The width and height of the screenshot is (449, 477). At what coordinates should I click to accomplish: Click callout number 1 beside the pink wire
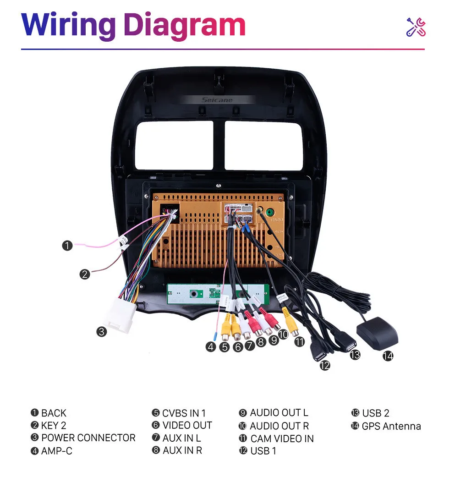pyautogui.click(x=67, y=246)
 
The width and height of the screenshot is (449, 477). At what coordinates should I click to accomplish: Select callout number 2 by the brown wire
pyautogui.click(x=84, y=274)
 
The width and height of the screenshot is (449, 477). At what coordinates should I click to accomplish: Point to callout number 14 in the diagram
pyautogui.click(x=388, y=356)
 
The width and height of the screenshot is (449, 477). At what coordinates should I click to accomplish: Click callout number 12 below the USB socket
pyautogui.click(x=325, y=365)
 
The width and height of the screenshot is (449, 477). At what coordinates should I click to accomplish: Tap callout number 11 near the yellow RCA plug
pyautogui.click(x=299, y=341)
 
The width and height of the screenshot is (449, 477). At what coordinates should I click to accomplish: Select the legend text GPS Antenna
pyautogui.click(x=391, y=426)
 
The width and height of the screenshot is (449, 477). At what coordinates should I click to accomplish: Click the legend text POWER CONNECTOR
pyautogui.click(x=88, y=438)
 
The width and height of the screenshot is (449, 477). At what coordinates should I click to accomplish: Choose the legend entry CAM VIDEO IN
pyautogui.click(x=282, y=439)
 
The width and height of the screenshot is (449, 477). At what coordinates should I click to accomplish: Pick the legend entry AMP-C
pyautogui.click(x=56, y=451)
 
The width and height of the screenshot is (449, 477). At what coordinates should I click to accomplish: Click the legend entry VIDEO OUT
pyautogui.click(x=187, y=426)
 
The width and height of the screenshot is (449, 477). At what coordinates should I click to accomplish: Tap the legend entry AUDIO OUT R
pyautogui.click(x=279, y=426)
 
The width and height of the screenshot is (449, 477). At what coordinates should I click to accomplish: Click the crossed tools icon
pyautogui.click(x=416, y=27)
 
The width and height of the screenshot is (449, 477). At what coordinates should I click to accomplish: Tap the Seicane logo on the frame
pyautogui.click(x=217, y=100)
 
